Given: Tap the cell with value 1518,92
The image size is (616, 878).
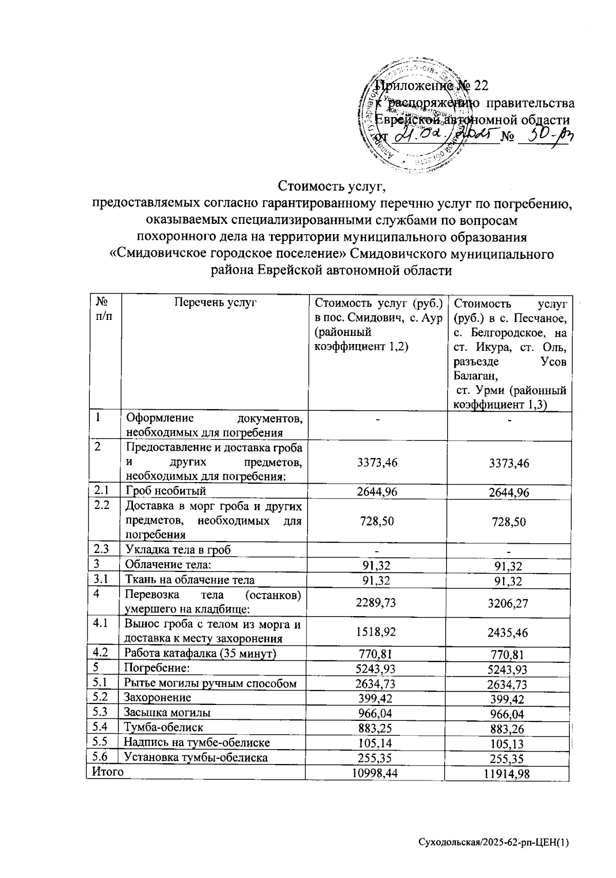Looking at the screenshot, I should (376, 632).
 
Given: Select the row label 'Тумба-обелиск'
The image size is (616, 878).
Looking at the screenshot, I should (164, 727).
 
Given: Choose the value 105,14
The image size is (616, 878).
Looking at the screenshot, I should (376, 743).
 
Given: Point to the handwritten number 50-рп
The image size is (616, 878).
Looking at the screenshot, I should (546, 137).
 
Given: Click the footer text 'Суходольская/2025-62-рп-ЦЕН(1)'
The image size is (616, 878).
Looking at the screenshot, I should (494, 843).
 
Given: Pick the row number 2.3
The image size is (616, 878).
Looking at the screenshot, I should (101, 549).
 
